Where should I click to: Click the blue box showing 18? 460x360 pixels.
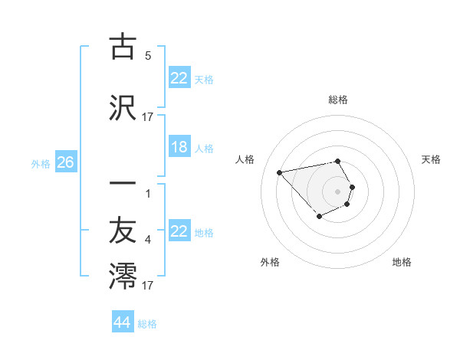(179, 147)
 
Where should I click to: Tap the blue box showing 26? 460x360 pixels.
(65, 162)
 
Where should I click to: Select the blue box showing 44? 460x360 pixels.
(123, 322)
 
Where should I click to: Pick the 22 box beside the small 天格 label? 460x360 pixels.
(179, 77)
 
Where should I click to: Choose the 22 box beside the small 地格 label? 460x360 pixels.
(179, 232)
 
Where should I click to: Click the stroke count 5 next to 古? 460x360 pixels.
(148, 56)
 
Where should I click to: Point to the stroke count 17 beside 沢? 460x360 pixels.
(148, 117)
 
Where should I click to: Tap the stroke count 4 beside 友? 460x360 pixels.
(148, 240)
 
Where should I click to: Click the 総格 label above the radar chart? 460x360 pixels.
(337, 100)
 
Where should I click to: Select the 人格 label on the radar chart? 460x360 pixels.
(245, 159)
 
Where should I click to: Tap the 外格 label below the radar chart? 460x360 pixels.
(270, 262)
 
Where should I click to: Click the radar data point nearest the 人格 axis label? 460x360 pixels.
(280, 172)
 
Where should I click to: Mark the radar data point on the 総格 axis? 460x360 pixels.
(337, 162)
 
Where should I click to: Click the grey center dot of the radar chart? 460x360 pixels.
(337, 191)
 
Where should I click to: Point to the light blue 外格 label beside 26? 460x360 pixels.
(41, 163)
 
